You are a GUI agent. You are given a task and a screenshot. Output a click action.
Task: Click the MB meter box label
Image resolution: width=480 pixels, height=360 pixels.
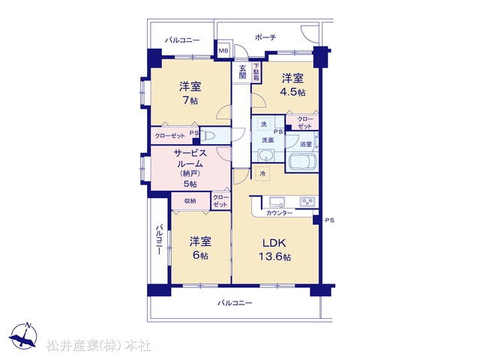tap(223, 51)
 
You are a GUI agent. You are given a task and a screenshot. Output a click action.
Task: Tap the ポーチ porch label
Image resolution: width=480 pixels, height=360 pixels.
tap(265, 37)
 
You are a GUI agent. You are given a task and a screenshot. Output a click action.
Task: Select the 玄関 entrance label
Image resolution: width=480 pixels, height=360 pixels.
tap(242, 72)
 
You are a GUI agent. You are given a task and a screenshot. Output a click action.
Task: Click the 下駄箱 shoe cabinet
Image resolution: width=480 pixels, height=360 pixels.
tap(256, 72)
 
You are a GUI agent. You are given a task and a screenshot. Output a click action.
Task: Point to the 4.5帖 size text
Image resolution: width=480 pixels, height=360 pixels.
tap(293, 92)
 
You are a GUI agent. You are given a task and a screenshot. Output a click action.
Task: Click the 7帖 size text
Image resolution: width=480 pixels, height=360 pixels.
tap(190, 100)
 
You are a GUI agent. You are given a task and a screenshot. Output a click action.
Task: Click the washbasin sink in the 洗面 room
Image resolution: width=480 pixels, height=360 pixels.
tap(266, 156)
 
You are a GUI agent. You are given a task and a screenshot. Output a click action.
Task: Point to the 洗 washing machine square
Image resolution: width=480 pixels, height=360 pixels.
tap(264, 124)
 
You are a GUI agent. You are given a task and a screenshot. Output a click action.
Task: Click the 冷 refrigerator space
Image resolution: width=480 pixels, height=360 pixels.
tap(262, 173)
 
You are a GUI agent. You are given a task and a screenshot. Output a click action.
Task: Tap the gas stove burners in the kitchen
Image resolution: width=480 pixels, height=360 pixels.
tap(307, 202)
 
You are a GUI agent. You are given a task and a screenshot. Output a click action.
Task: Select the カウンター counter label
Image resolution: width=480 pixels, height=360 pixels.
tap(280, 213)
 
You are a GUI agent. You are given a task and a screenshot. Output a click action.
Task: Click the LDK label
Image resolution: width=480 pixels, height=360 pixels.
tap(274, 243)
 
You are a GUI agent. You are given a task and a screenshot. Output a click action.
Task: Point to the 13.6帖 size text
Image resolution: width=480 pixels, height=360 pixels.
tap(274, 256)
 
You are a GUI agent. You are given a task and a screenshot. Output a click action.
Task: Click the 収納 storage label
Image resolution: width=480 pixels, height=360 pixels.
tap(190, 201)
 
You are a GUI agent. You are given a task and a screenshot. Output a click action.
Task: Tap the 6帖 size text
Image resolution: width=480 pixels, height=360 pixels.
tap(200, 255)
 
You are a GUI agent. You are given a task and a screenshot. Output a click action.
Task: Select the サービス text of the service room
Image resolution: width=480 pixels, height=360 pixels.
tap(190, 153)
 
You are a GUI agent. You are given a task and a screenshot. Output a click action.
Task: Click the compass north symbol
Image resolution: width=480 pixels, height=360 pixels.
tap(23, 335)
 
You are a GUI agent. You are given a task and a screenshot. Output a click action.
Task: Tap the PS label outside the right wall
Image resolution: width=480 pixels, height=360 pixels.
tap(329, 220)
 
